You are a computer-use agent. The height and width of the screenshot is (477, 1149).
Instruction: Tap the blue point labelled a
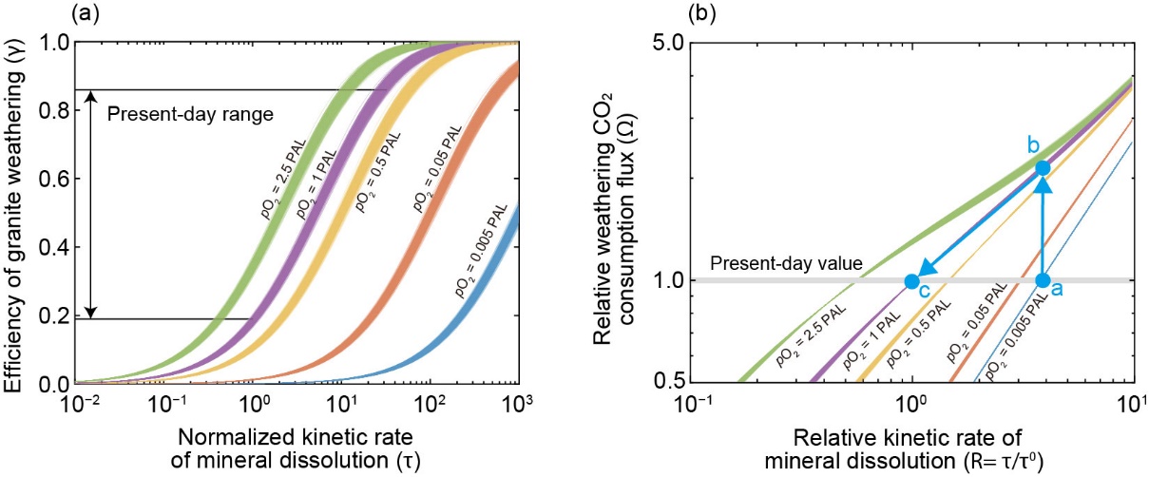1043,280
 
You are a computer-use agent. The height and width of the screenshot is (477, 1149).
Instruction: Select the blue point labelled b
1043,168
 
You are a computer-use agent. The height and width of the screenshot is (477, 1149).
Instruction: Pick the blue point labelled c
911,281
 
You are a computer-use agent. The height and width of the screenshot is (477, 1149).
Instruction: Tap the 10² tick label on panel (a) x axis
430,407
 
